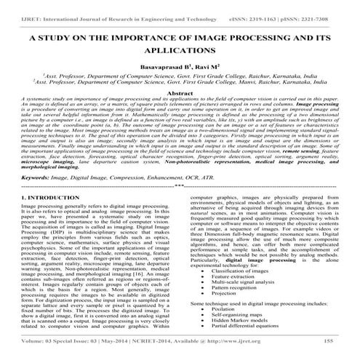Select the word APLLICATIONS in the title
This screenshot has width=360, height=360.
tap(181, 52)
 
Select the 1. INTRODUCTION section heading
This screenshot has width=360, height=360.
tap(44, 196)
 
